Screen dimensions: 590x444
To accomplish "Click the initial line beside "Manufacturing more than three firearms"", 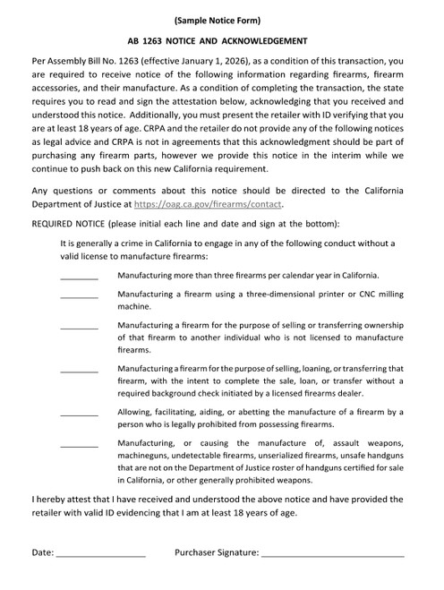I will (x=80, y=277).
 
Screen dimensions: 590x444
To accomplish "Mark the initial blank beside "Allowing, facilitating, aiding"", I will (x=80, y=415).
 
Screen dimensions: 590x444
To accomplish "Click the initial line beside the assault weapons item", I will (x=80, y=446).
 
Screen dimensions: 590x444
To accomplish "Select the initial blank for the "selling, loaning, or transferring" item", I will (x=80, y=371).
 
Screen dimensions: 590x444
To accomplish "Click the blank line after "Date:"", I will (x=100, y=558).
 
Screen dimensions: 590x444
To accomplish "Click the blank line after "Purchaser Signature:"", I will (x=333, y=558).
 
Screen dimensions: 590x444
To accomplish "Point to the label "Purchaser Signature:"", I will (x=217, y=554).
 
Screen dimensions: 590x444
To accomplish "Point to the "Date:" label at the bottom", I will (x=43, y=554).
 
